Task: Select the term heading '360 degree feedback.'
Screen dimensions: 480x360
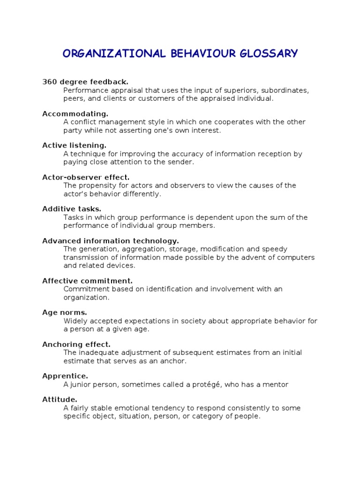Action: pos(85,82)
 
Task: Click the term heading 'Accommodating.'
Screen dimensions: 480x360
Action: pos(75,114)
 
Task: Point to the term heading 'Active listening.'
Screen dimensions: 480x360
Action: pos(74,145)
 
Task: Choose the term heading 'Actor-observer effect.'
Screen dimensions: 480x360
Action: pos(86,177)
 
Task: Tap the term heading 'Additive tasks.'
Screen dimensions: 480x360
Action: pos(72,209)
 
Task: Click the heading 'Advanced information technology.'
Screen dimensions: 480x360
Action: pos(111,241)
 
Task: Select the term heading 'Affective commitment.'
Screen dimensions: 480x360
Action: pos(88,281)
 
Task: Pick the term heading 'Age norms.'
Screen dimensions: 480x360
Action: pos(65,313)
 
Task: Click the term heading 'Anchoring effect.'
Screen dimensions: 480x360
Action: pos(76,345)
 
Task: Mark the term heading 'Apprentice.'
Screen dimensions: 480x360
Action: pos(65,376)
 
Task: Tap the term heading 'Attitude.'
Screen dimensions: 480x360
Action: pos(60,400)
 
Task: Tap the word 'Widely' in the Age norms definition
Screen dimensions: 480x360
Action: pos(74,321)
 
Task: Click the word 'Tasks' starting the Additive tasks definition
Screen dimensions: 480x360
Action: pos(73,217)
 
